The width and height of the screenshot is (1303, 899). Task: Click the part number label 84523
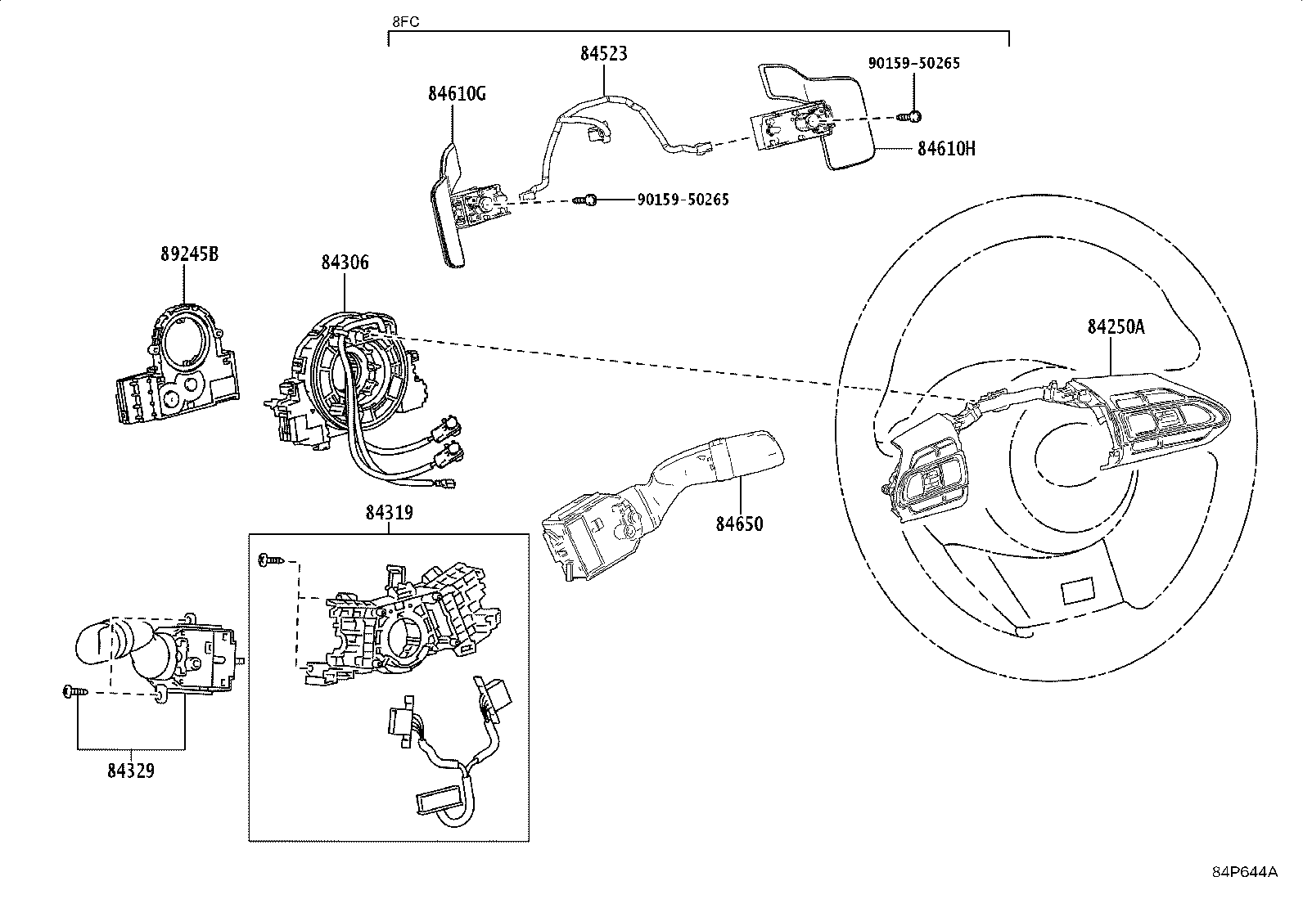point(604,54)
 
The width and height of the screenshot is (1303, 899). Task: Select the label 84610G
point(458,93)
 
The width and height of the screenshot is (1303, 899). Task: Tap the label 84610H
point(946,149)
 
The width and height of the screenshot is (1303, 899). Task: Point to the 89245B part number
point(190,254)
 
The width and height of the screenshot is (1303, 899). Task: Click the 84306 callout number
point(345,263)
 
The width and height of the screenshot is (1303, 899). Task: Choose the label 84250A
point(1116,327)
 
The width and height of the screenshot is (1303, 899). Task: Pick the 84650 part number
point(739,524)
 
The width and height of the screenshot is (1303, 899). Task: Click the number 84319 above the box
point(389,513)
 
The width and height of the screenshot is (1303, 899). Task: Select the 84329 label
point(131,771)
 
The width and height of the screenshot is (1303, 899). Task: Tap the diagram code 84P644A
point(1245,872)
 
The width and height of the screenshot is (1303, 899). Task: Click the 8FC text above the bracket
point(405,22)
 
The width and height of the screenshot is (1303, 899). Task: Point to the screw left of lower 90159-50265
point(585,200)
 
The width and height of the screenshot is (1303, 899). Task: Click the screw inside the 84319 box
point(271,560)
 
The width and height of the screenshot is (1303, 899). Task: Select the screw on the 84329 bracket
point(75,691)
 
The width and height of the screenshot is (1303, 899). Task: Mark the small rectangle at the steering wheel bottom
point(1078,592)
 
